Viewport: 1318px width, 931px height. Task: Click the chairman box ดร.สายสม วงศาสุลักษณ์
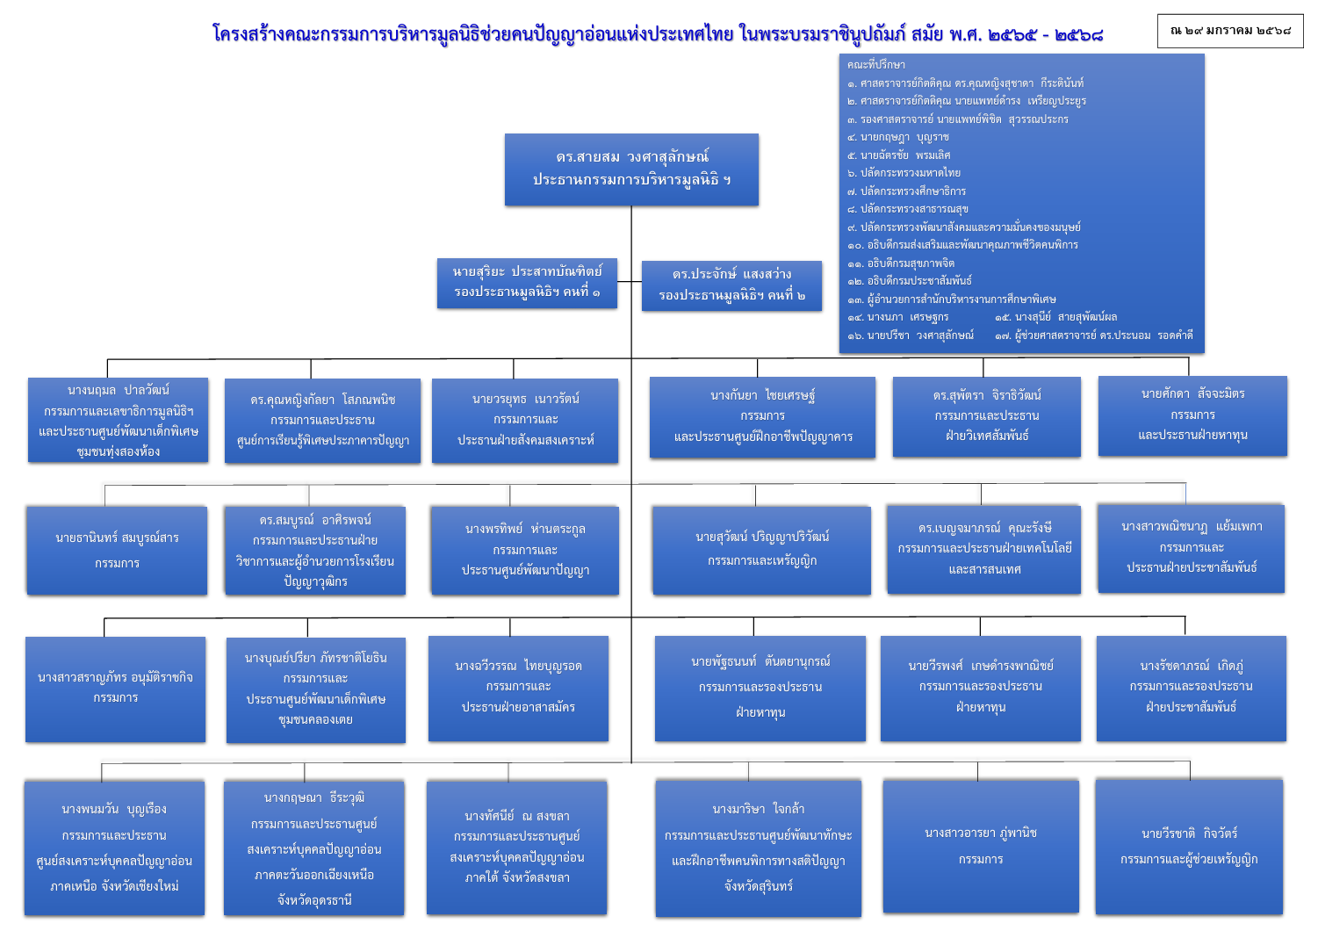[631, 169]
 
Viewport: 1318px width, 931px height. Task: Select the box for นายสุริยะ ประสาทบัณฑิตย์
[527, 283]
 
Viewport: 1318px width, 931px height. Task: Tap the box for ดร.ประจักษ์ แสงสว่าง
[731, 285]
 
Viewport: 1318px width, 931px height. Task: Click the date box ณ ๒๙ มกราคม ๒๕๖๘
[1230, 31]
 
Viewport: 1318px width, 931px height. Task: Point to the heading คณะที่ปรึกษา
[876, 65]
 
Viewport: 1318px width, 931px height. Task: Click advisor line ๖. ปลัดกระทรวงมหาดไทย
[910, 173]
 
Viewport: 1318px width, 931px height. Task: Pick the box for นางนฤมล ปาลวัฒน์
[118, 420]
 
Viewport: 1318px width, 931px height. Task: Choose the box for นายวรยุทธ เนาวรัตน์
[525, 420]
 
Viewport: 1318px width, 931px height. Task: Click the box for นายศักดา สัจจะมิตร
[1192, 415]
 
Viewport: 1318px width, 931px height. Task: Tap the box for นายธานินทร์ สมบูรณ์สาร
[117, 550]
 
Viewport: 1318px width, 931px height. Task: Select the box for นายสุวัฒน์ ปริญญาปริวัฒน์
[761, 550]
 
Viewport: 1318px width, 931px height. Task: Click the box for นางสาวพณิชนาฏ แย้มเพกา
[1192, 547]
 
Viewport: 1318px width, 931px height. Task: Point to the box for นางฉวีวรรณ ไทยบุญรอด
[518, 688]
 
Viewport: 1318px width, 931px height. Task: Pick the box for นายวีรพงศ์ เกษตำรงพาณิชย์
[981, 688]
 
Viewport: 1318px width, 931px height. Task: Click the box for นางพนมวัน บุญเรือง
[114, 848]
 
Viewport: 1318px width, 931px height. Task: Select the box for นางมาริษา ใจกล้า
[758, 848]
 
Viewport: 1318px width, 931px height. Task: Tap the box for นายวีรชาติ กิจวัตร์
[1189, 846]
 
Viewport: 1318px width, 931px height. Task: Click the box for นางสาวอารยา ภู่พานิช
[981, 846]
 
